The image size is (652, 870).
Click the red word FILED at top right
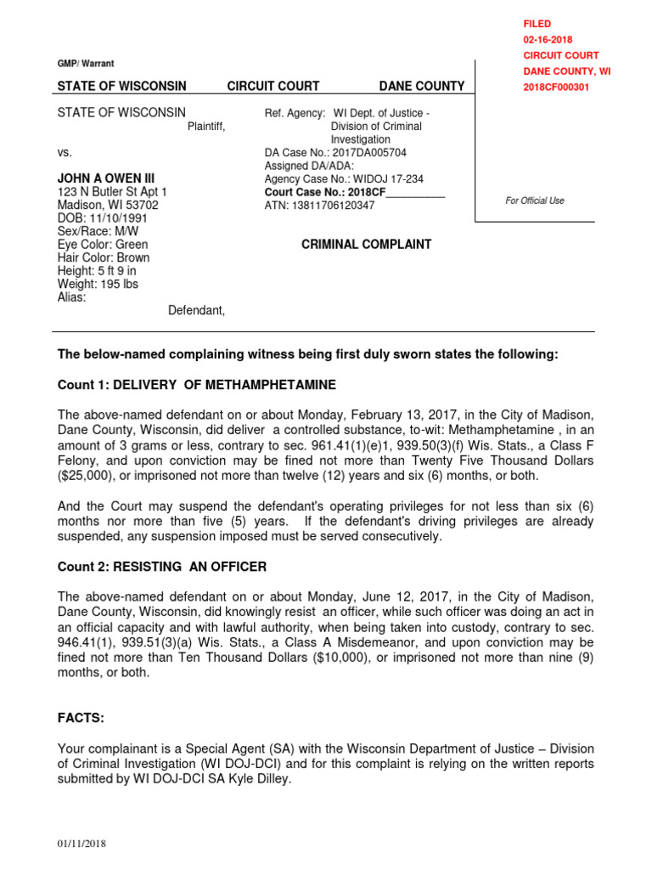click(537, 24)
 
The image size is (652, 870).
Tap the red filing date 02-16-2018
click(548, 40)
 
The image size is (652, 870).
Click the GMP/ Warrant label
click(85, 64)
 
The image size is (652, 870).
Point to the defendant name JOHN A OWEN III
click(105, 178)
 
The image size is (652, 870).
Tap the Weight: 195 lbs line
click(98, 284)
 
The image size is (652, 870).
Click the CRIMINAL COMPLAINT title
click(367, 245)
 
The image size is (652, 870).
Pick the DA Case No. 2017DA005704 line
click(335, 153)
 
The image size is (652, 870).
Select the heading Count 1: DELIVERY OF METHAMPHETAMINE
click(196, 385)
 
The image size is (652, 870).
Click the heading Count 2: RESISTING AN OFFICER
click(161, 567)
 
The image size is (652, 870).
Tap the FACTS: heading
click(81, 718)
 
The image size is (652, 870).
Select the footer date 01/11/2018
click(81, 844)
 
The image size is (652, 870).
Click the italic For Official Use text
click(534, 201)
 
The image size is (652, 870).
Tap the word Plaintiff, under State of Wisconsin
click(206, 127)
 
